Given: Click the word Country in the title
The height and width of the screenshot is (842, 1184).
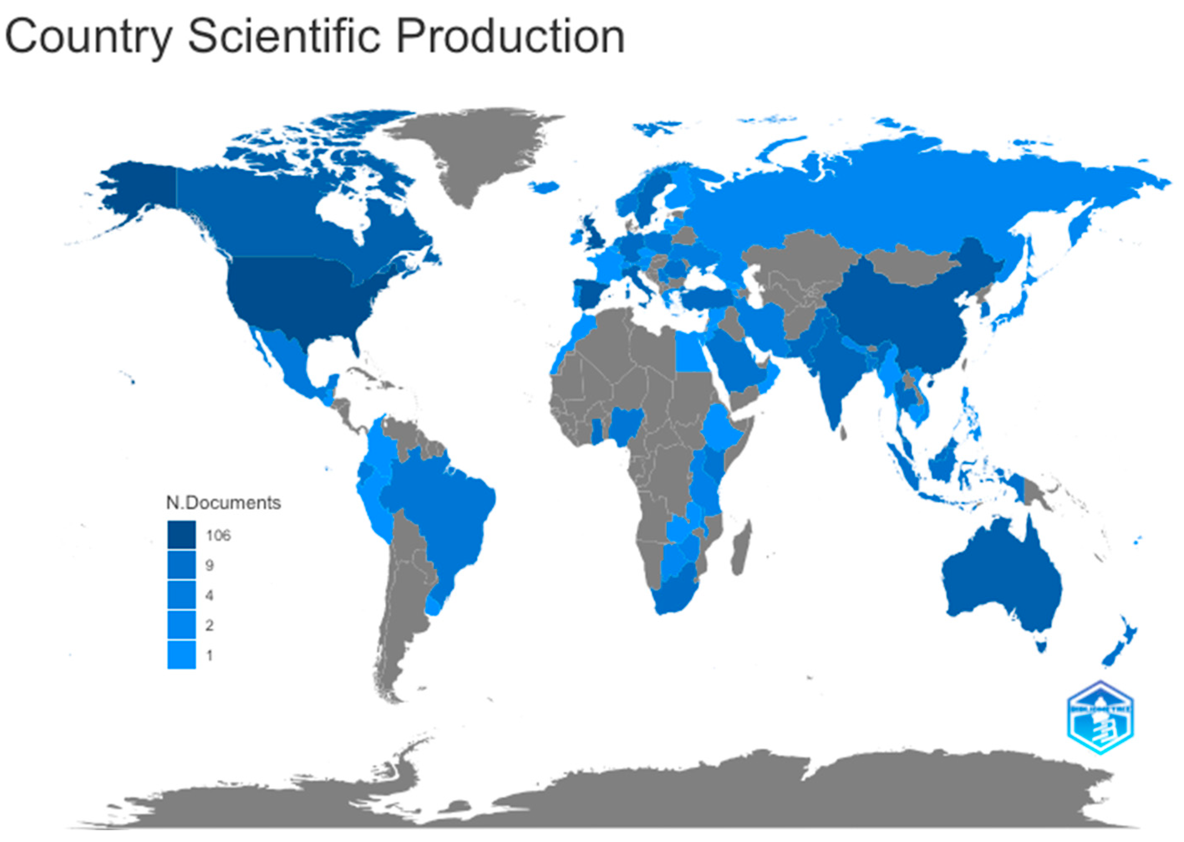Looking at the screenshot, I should coord(88,37).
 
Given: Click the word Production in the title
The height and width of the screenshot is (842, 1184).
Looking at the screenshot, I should coord(511,37).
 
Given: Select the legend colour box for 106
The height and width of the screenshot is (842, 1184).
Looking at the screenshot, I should coord(181,534).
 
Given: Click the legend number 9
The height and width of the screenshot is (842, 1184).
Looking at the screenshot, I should coord(209,565).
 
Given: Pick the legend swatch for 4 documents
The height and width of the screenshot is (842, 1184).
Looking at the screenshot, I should coord(181,595).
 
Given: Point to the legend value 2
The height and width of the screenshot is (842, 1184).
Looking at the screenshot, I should coord(209,625).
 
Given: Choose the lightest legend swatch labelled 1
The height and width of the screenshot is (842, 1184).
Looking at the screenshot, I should coord(181,655).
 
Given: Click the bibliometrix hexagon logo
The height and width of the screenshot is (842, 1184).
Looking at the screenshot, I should coord(1100,718).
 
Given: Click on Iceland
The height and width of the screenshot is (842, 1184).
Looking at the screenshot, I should coord(545,187).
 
